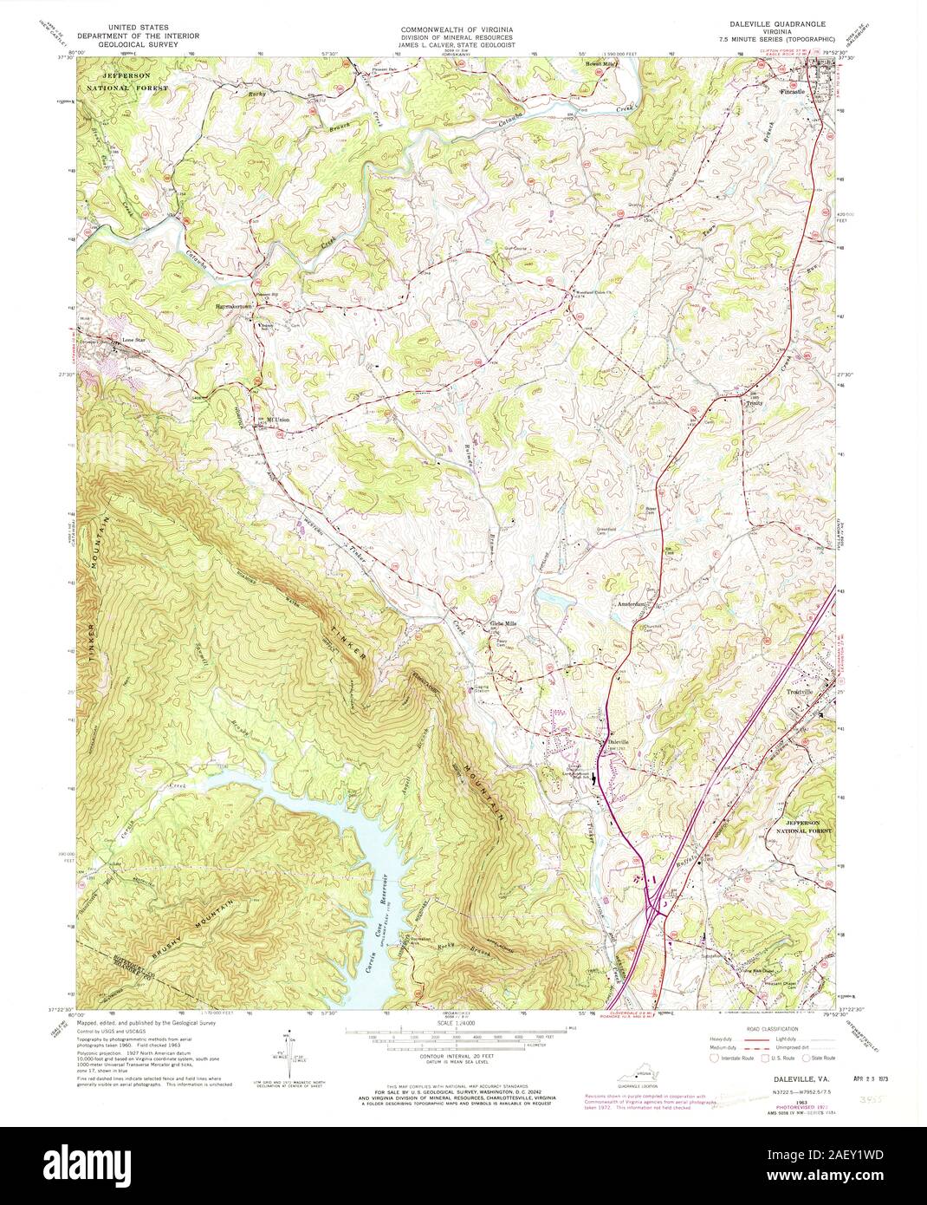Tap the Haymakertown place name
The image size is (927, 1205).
tap(227, 306)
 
